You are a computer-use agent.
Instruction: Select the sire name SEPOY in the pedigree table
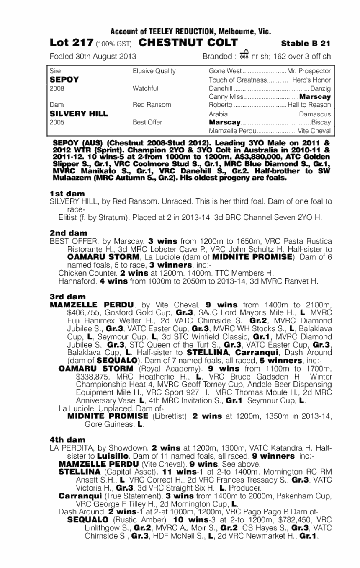click(62, 80)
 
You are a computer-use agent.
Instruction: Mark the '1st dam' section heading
click(67, 194)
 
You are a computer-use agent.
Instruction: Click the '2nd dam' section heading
click(68, 232)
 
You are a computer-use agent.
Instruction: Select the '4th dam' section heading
click(67, 439)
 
